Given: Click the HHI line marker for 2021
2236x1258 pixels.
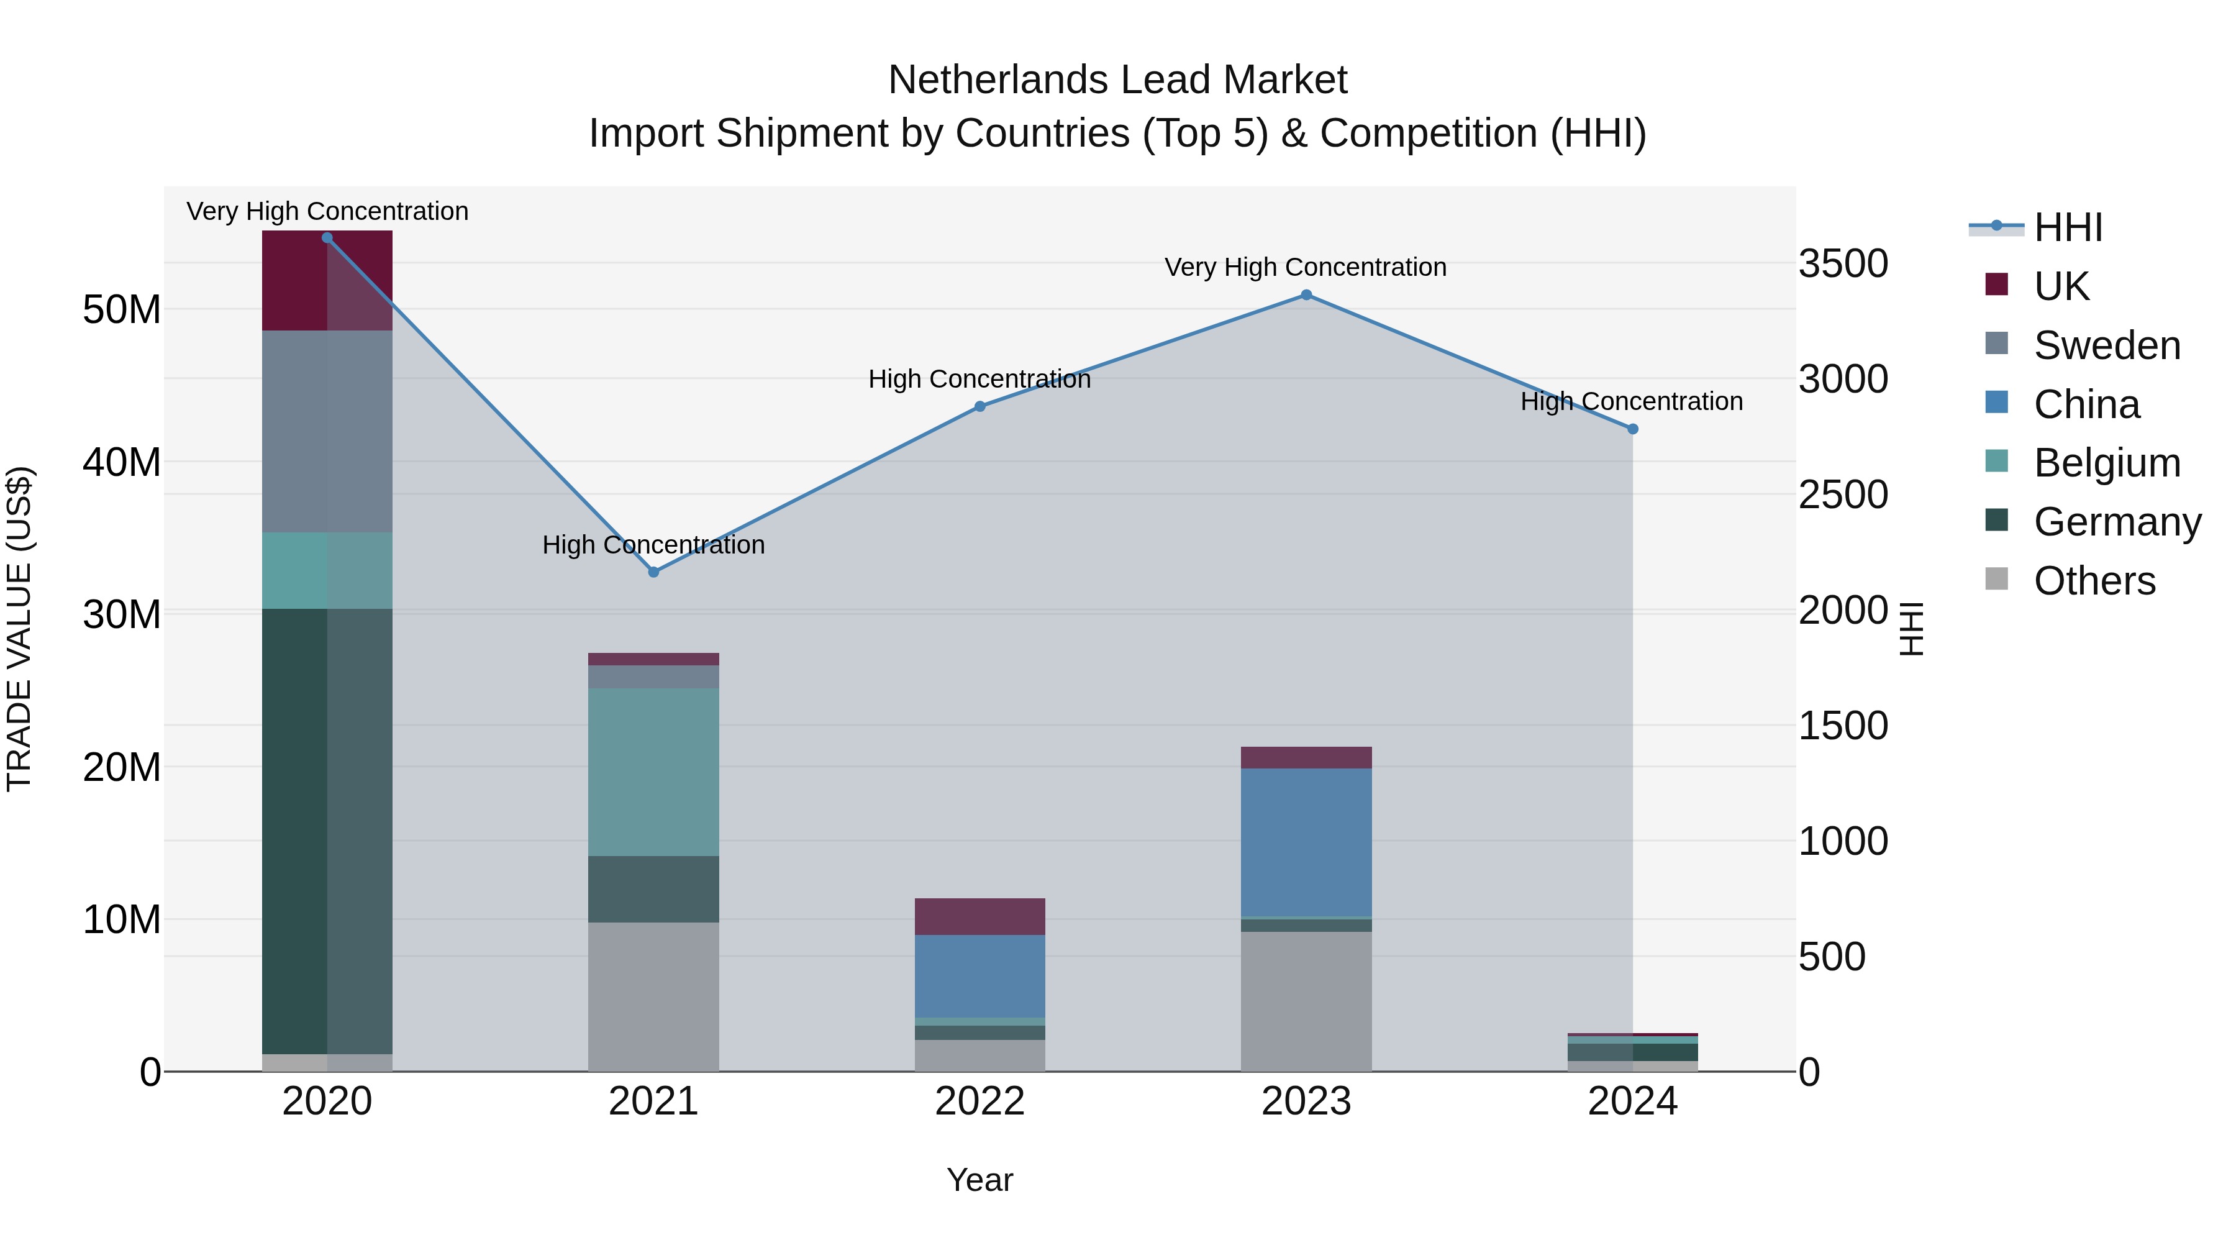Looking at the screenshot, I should (653, 572).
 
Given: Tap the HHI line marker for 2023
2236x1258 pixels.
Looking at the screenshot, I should (1306, 295).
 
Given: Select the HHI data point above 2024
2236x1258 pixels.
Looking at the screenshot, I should (1632, 429).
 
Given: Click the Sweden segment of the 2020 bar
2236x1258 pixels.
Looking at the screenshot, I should (327, 432).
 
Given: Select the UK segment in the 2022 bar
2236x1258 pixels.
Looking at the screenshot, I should (980, 917).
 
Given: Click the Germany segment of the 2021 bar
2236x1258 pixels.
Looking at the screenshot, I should (653, 889).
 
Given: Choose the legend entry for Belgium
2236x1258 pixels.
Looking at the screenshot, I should (2107, 463).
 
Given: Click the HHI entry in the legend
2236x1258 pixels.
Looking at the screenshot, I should (2068, 227).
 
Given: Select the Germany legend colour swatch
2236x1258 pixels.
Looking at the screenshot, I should (1996, 520).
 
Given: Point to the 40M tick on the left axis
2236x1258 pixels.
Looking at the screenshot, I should (122, 462).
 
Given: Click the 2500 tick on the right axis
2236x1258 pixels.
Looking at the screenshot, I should (1842, 495).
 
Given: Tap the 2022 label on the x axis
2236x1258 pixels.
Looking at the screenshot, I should (980, 1101).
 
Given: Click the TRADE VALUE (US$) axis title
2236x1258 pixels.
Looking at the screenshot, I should (19, 629).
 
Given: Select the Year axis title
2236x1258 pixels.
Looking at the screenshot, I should (980, 1180).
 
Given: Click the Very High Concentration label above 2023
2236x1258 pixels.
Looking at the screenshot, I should (1306, 267).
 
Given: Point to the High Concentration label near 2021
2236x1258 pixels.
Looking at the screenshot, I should (653, 545).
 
